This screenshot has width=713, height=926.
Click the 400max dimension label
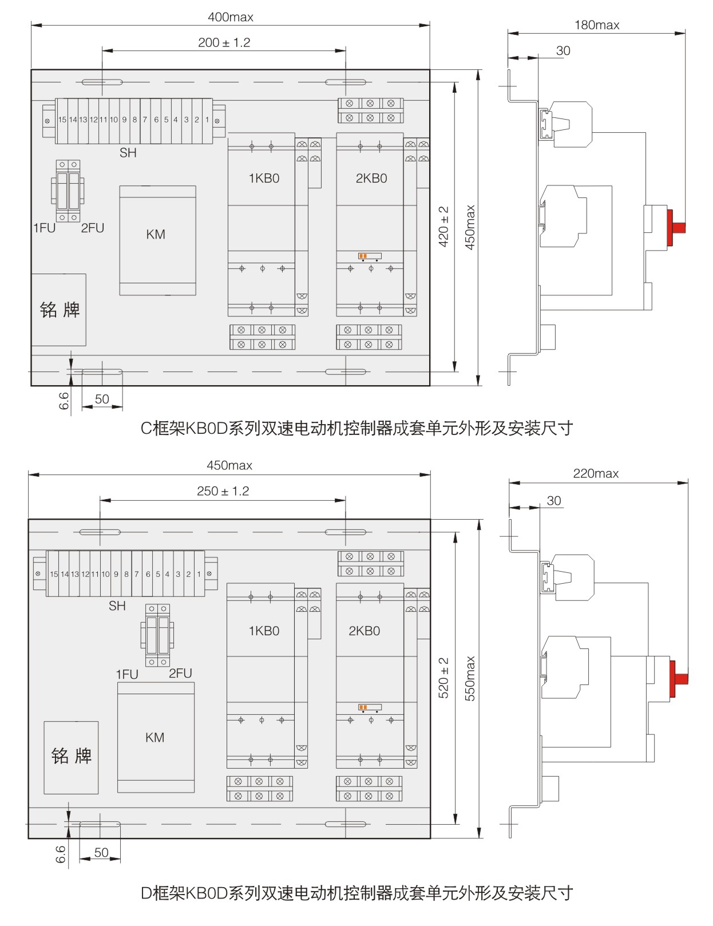click(230, 17)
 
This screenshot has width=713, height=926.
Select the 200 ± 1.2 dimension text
click(224, 43)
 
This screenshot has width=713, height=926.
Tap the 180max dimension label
click(597, 25)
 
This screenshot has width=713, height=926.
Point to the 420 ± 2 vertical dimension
click(443, 227)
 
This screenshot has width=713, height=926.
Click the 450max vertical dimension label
click(470, 227)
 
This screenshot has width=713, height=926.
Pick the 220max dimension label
click(596, 474)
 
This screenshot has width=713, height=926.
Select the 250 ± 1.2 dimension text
click(223, 491)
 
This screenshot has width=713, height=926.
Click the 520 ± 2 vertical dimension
click(443, 678)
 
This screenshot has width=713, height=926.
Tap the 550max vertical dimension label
click(470, 678)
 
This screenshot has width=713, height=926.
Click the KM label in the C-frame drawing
click(156, 235)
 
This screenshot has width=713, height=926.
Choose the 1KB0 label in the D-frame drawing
click(264, 631)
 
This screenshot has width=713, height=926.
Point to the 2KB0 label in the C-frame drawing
click(371, 179)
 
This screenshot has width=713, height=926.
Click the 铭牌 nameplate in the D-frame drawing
click(72, 756)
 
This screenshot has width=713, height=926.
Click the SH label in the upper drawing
click(128, 153)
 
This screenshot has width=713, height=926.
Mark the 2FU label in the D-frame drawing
click(180, 674)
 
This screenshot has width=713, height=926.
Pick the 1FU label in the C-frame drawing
click(44, 228)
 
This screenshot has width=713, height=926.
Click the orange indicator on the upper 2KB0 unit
click(362, 256)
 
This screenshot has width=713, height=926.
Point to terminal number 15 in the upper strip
click(62, 120)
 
